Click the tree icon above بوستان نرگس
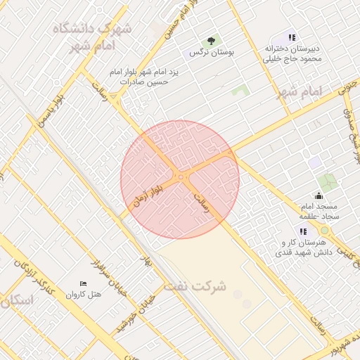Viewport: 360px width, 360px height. tap(209, 41)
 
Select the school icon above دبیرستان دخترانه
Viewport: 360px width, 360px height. tap(292, 37)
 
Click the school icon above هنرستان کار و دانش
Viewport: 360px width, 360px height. tap(303, 231)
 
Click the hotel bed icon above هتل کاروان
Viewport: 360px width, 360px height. tap(84, 283)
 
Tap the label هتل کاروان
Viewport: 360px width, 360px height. tap(84, 295)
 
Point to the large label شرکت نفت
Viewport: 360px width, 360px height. tap(195, 286)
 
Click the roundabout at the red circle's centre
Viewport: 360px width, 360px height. tap(181, 177)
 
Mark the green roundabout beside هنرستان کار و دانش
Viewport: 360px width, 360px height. tap(324, 230)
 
